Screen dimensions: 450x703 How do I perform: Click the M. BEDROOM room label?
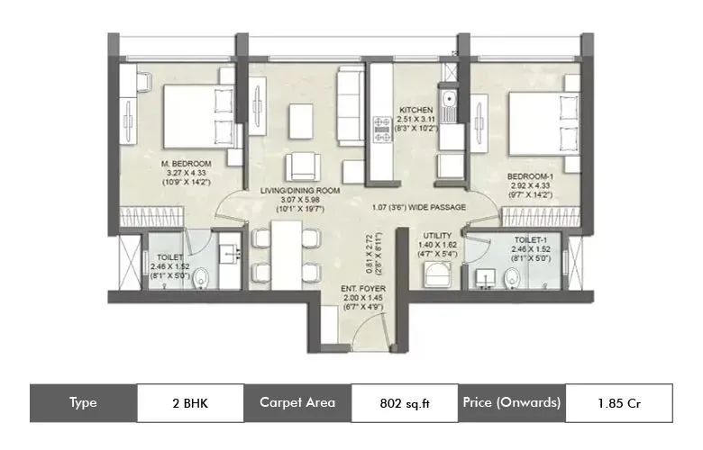click(x=187, y=163)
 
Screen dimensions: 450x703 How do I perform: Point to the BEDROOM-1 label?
click(x=530, y=176)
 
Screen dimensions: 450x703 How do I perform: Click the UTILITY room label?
click(x=437, y=235)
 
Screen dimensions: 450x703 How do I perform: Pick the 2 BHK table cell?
click(x=190, y=402)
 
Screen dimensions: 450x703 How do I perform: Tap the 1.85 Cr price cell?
click(x=618, y=402)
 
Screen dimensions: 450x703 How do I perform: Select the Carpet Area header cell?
click(x=297, y=402)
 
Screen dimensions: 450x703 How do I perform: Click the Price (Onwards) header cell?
click(x=511, y=402)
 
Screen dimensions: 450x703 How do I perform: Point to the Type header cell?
click(x=83, y=402)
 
